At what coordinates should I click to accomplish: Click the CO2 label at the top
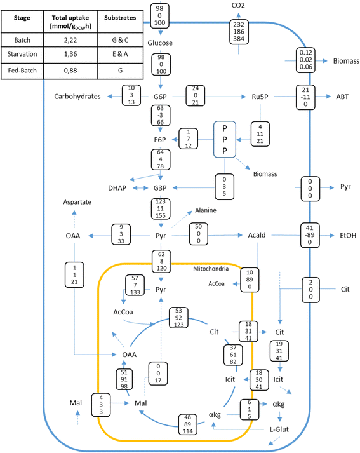click(x=239, y=6)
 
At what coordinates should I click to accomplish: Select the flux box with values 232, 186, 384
click(x=239, y=31)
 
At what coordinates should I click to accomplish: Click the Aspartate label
click(x=77, y=201)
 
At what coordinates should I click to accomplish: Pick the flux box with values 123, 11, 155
click(x=161, y=211)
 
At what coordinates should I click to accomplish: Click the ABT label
click(x=342, y=97)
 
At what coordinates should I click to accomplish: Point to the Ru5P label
click(x=260, y=97)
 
